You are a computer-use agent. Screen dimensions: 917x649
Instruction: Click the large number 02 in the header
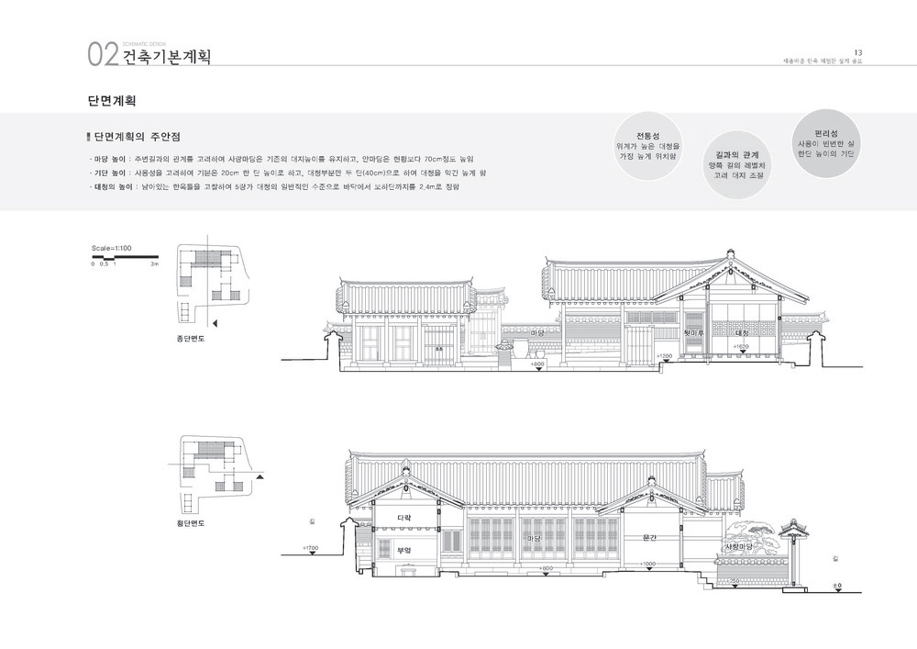[103, 55]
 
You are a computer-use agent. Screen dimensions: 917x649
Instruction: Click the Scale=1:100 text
[113, 248]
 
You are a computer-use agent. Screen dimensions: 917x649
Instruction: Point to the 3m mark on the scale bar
[155, 263]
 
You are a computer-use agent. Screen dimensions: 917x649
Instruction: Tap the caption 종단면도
[191, 339]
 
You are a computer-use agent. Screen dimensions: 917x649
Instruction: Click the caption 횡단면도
[191, 522]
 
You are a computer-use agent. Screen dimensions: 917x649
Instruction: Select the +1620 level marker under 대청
[743, 346]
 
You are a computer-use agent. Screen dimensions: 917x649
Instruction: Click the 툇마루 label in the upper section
[694, 332]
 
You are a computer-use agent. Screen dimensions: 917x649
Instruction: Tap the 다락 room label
[403, 518]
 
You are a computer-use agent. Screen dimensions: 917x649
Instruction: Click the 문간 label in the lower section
[651, 536]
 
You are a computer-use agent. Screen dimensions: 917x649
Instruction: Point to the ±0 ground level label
[836, 585]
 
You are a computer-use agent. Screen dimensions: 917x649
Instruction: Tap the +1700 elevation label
[311, 547]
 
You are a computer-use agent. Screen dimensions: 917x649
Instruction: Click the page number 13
[857, 51]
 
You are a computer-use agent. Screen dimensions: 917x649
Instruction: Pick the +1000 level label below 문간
[648, 563]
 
